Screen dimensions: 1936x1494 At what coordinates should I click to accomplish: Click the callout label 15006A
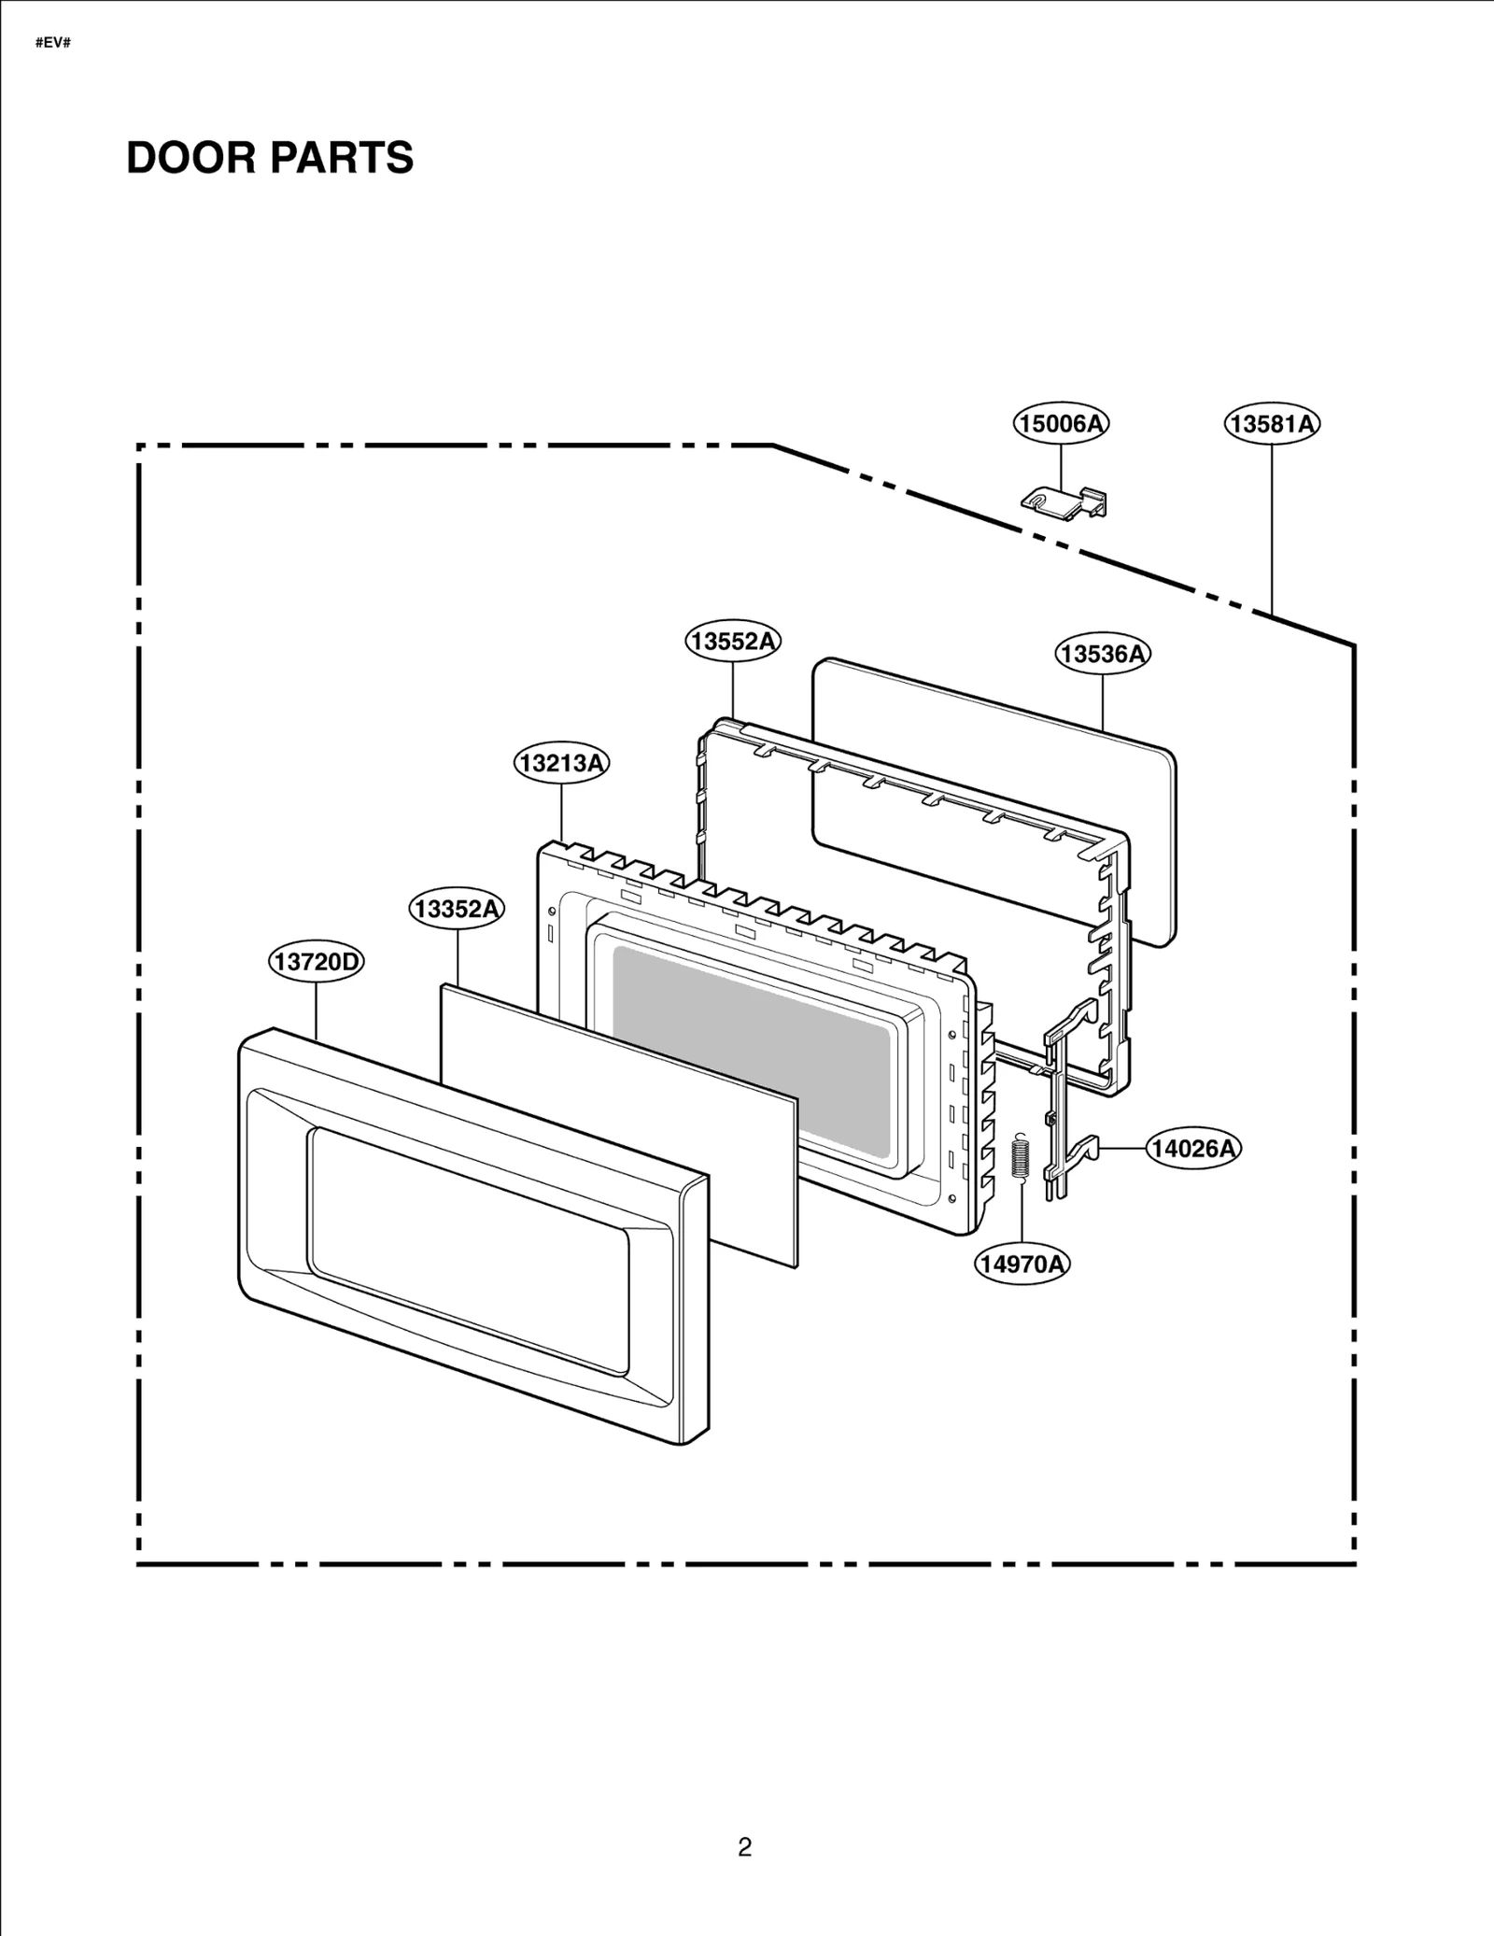tap(1061, 424)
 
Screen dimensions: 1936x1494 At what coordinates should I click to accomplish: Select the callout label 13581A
tap(1272, 424)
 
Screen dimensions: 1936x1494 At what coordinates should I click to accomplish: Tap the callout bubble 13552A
tap(733, 641)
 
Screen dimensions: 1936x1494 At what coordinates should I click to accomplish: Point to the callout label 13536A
tap(1103, 654)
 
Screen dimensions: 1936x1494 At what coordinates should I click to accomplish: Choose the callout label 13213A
tap(561, 763)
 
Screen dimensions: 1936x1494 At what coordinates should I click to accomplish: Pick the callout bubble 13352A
tap(457, 909)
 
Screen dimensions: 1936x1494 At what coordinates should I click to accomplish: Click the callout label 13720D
tap(316, 962)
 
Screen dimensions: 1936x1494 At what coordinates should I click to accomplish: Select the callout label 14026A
tap(1192, 1149)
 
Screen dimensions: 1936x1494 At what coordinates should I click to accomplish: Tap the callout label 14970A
tap(1022, 1265)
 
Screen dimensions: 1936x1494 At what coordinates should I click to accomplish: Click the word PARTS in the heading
tap(342, 158)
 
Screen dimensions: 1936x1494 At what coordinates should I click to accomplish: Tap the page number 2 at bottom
tap(744, 1847)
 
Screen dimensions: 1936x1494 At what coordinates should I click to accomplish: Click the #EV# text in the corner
tap(53, 43)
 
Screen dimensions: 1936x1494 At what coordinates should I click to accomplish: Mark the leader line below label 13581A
tap(1272, 523)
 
